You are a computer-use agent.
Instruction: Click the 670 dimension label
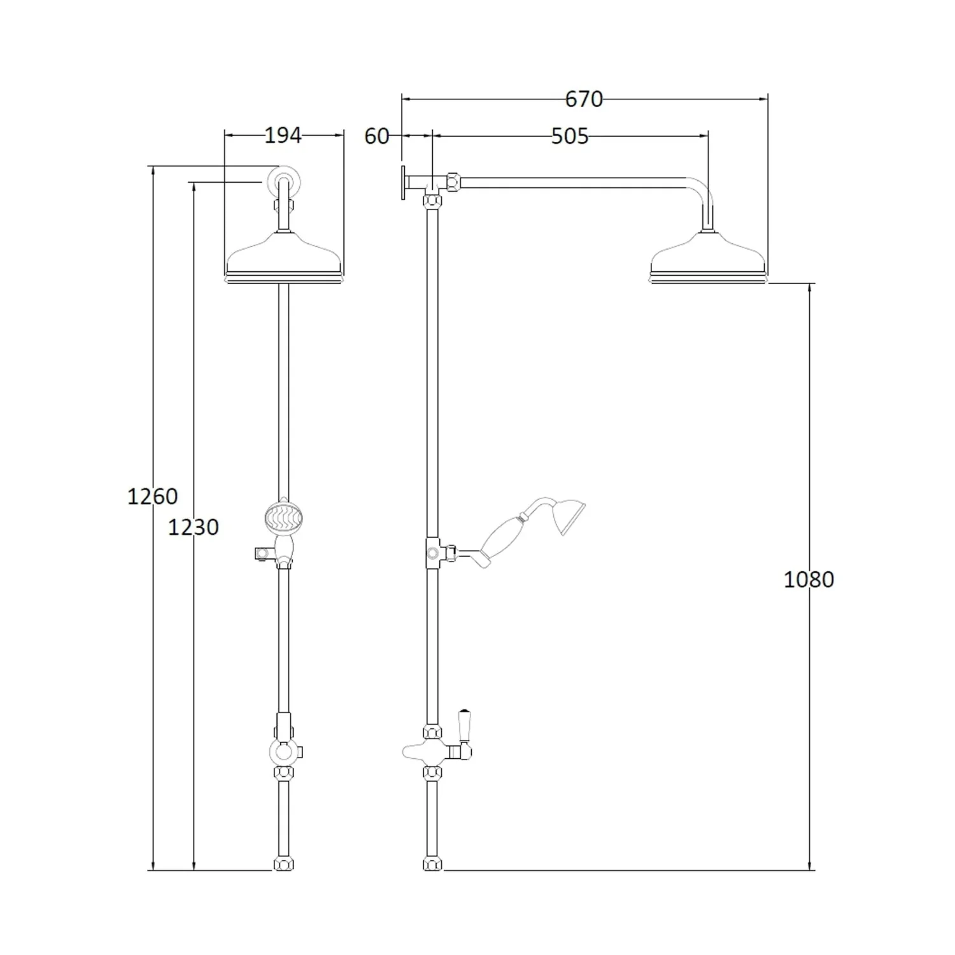584,99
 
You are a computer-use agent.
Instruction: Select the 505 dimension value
570,136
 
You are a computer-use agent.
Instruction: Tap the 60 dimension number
376,136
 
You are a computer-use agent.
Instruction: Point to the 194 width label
283,136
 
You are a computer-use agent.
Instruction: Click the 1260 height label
153,496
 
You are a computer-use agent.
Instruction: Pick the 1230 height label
194,527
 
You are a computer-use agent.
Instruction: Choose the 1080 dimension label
809,580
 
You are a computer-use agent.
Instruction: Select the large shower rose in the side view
708,258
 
